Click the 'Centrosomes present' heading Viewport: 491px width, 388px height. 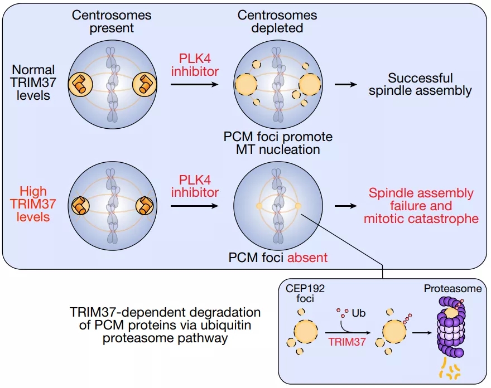112,21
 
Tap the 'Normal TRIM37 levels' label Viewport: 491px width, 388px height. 34,83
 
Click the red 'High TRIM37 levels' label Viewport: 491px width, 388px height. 34,205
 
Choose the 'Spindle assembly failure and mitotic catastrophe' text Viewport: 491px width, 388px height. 421,206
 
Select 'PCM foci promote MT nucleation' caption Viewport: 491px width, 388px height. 277,143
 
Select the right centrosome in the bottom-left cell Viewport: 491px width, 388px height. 146,205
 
